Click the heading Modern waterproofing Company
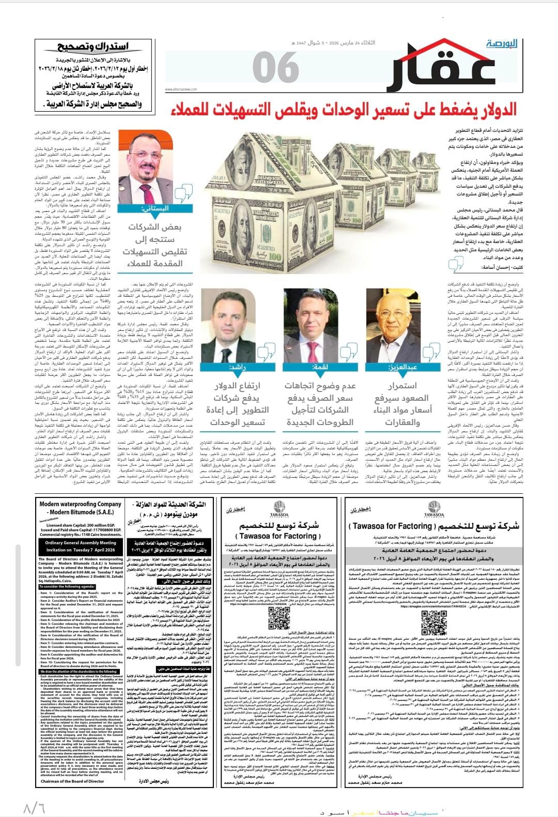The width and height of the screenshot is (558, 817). (x=81, y=504)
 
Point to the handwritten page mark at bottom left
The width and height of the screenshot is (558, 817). (x=34, y=807)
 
